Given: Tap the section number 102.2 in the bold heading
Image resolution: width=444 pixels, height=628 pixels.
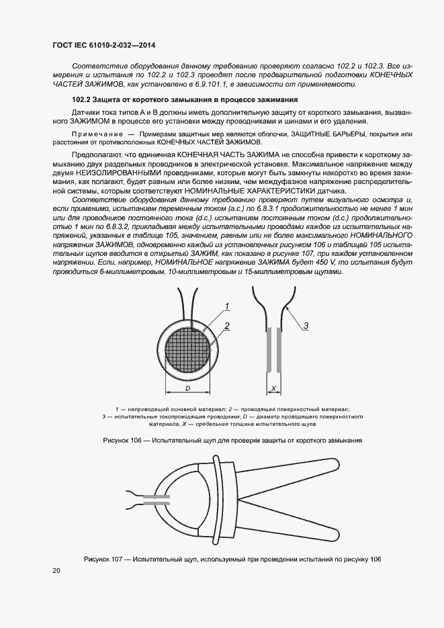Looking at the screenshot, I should point(82,100).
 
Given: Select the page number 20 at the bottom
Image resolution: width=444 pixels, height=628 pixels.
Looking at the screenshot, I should point(56,570).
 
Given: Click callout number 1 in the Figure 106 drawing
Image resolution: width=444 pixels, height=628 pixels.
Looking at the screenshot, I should point(228,306).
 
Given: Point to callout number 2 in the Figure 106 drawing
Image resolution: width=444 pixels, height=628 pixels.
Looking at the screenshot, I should point(228,326).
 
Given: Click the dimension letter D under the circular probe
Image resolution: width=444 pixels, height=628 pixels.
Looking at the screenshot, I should point(188,388).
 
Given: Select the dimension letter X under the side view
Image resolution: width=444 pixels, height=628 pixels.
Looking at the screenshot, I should point(274,388).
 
